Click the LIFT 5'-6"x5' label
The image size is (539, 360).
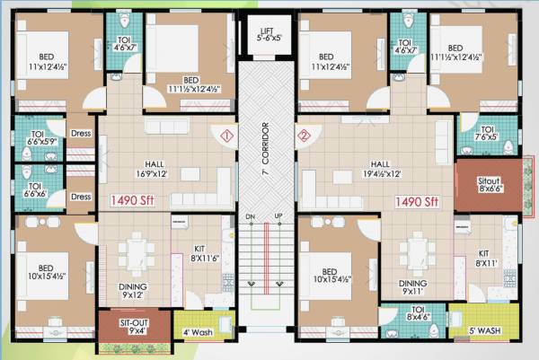point(268,33)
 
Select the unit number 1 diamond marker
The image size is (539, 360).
point(226,136)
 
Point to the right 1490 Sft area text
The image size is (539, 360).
point(417,200)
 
